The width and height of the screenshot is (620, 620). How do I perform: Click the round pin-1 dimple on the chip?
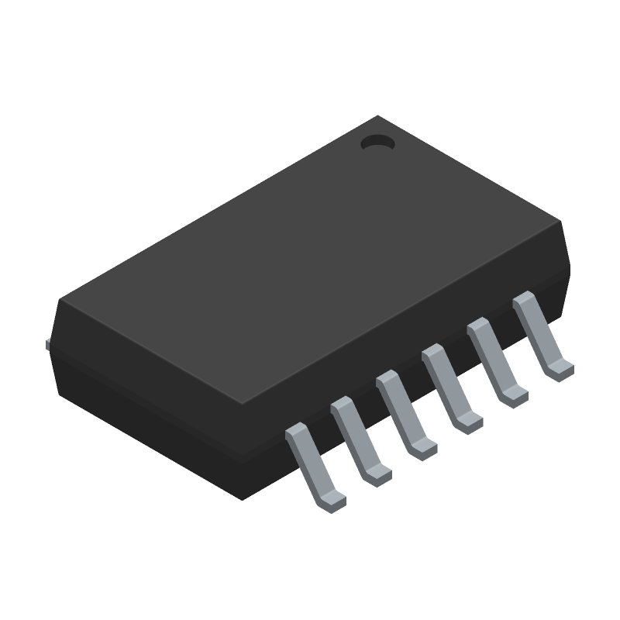pos(378,143)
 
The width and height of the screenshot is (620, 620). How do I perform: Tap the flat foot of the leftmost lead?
pos(331,501)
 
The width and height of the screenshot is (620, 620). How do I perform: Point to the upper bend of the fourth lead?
pos(432,356)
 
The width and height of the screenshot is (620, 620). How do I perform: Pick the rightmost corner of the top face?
pos(562,225)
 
